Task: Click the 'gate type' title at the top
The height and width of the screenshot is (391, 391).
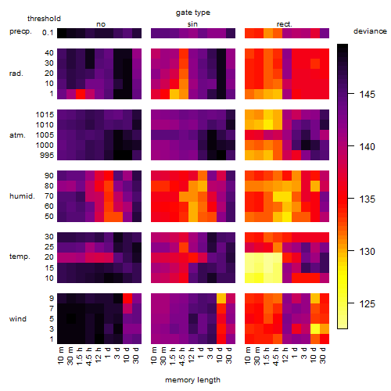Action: coord(193,13)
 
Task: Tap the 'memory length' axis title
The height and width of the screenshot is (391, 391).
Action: coord(192,380)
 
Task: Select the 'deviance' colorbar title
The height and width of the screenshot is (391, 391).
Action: coord(370,31)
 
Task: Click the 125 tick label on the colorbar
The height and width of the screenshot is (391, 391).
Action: coord(368,303)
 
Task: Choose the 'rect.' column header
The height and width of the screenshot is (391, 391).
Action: coord(285,24)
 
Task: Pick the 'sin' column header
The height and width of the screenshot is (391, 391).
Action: coord(192,24)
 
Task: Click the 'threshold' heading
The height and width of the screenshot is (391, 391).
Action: coord(44,19)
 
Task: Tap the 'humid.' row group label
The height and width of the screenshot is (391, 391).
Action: coord(22,196)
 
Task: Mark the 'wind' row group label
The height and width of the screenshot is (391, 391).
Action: coord(18,319)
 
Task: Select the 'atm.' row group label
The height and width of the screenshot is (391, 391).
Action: coord(17,135)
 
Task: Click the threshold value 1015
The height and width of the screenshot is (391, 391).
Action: coord(45,115)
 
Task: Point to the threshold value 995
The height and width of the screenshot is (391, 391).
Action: coord(47,156)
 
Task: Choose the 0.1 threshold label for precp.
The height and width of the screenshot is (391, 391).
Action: coord(48,33)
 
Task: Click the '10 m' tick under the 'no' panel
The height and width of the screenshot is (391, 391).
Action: coord(60,355)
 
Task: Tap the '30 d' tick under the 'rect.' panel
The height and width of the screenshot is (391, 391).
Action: coord(323,355)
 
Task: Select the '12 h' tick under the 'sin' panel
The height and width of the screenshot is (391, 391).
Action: coord(192,355)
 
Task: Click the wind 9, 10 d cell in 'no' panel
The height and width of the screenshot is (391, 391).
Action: coord(127,298)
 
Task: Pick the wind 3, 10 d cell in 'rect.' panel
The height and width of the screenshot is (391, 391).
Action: coord(315,328)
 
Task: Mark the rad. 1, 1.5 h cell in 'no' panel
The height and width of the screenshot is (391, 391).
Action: coord(81,94)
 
